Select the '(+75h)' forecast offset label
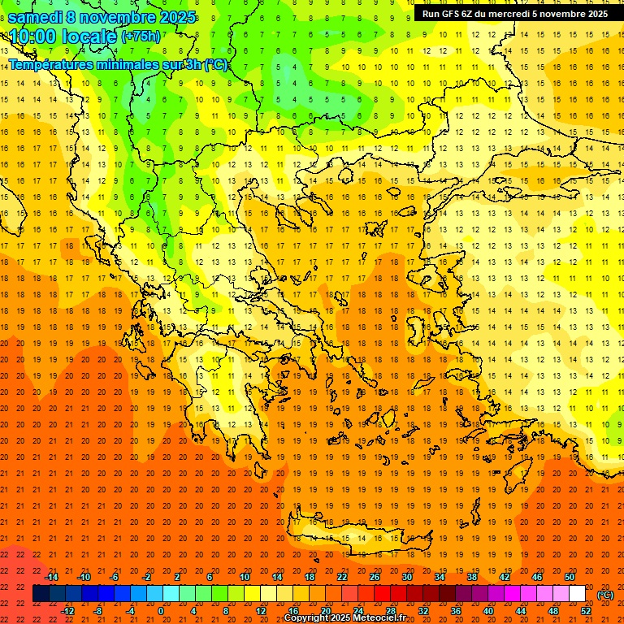pyautogui.click(x=141, y=37)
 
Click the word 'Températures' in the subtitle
pyautogui.click(x=51, y=65)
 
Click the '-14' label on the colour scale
pyautogui.click(x=51, y=577)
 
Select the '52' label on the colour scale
pyautogui.click(x=586, y=610)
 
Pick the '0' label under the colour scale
pyautogui.click(x=161, y=610)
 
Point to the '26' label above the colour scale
pyautogui.click(x=374, y=577)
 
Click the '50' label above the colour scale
pyautogui.click(x=569, y=577)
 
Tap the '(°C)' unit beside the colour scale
pyautogui.click(x=604, y=595)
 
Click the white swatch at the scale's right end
pyautogui.click(x=577, y=594)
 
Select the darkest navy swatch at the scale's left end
pyautogui.click(x=41, y=594)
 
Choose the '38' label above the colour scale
pyautogui.click(x=471, y=577)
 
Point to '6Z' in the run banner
pyautogui.click(x=467, y=14)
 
